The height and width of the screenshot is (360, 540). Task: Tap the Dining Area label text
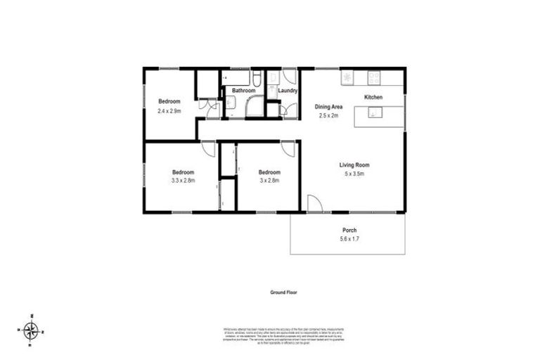click(x=328, y=107)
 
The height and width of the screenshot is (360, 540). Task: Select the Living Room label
click(x=354, y=165)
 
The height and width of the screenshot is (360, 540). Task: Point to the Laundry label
click(x=288, y=91)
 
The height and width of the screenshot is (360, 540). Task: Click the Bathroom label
click(x=244, y=91)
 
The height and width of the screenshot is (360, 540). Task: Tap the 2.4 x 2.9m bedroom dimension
click(x=169, y=110)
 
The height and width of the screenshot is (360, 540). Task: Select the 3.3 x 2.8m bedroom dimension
click(x=183, y=181)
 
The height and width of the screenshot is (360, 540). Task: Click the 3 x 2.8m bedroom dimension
click(x=269, y=181)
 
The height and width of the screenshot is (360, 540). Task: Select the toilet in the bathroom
click(x=257, y=79)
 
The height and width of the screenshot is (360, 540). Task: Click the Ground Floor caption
click(x=284, y=291)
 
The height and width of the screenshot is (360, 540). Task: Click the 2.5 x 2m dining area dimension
click(x=328, y=115)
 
